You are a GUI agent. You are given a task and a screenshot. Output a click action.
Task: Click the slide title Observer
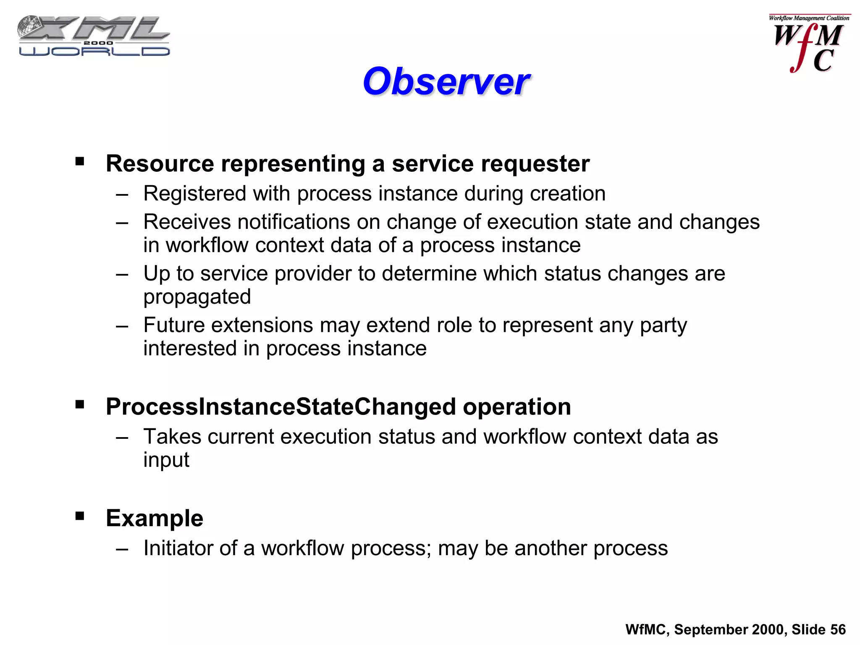[446, 81]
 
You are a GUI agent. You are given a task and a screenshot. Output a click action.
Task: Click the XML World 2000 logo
[94, 37]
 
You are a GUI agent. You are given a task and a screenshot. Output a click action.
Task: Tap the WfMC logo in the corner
[809, 44]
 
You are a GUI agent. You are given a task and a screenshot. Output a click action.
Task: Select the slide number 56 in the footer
[838, 629]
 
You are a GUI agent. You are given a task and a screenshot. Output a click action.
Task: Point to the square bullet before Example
[80, 516]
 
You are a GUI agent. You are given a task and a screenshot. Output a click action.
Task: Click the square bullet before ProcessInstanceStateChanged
[80, 404]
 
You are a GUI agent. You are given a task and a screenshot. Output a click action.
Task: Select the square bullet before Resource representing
[80, 161]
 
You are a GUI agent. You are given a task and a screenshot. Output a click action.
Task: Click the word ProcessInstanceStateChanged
[281, 407]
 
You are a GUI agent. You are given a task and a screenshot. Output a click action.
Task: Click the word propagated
[197, 297]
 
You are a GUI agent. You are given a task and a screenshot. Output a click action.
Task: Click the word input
[166, 460]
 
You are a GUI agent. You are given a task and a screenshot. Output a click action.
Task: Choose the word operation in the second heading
[517, 407]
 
